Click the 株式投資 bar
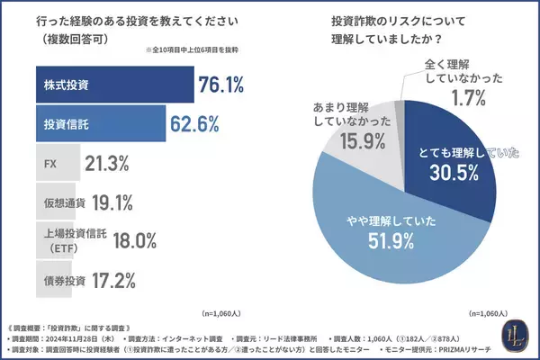coord(112,86)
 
